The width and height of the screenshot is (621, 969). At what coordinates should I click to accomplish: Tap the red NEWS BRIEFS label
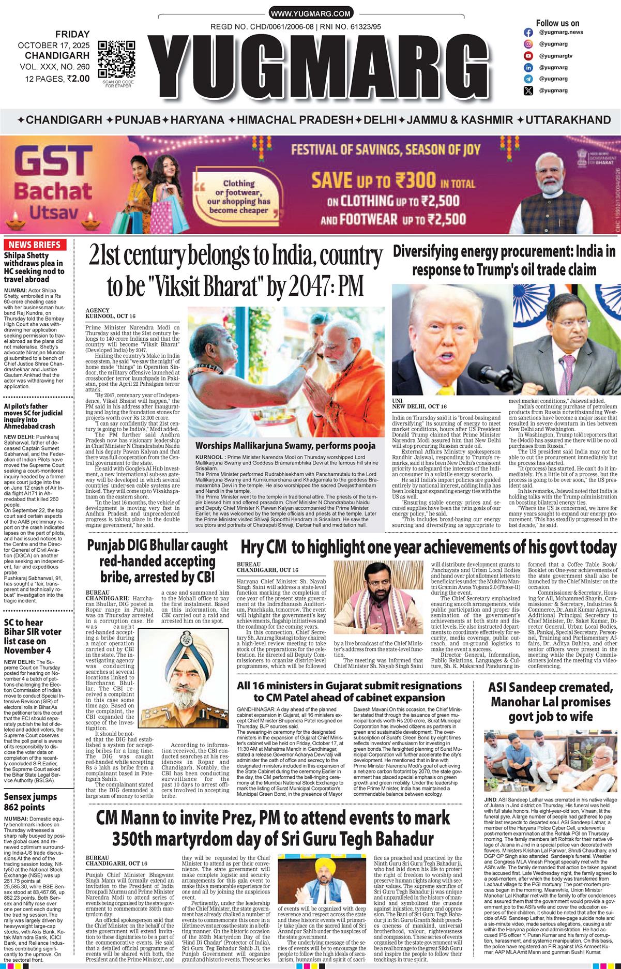(33, 245)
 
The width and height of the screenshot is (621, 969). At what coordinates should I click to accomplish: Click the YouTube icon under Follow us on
(528, 56)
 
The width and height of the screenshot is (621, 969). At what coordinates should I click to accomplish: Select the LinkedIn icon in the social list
(528, 67)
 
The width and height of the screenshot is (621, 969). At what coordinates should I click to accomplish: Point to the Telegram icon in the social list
(528, 79)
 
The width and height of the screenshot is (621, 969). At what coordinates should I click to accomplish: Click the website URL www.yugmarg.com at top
(310, 14)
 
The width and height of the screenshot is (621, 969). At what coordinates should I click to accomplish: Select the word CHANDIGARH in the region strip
(63, 120)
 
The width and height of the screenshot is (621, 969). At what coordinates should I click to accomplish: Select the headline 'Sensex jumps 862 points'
(31, 802)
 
